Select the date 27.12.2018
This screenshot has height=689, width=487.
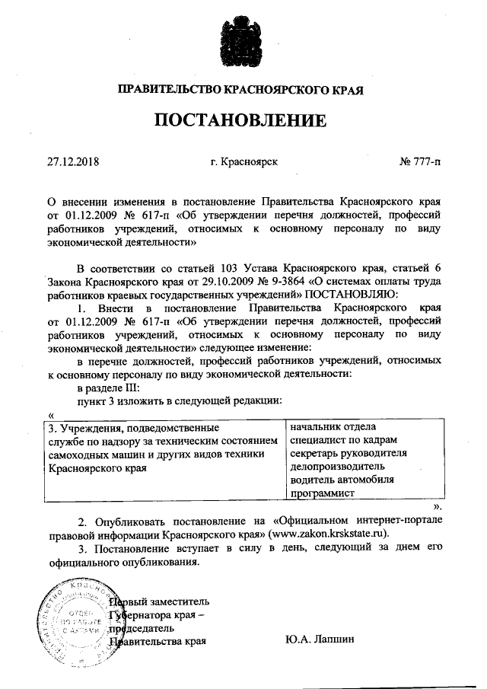(x=73, y=161)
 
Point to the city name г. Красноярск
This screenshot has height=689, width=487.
(x=243, y=161)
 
